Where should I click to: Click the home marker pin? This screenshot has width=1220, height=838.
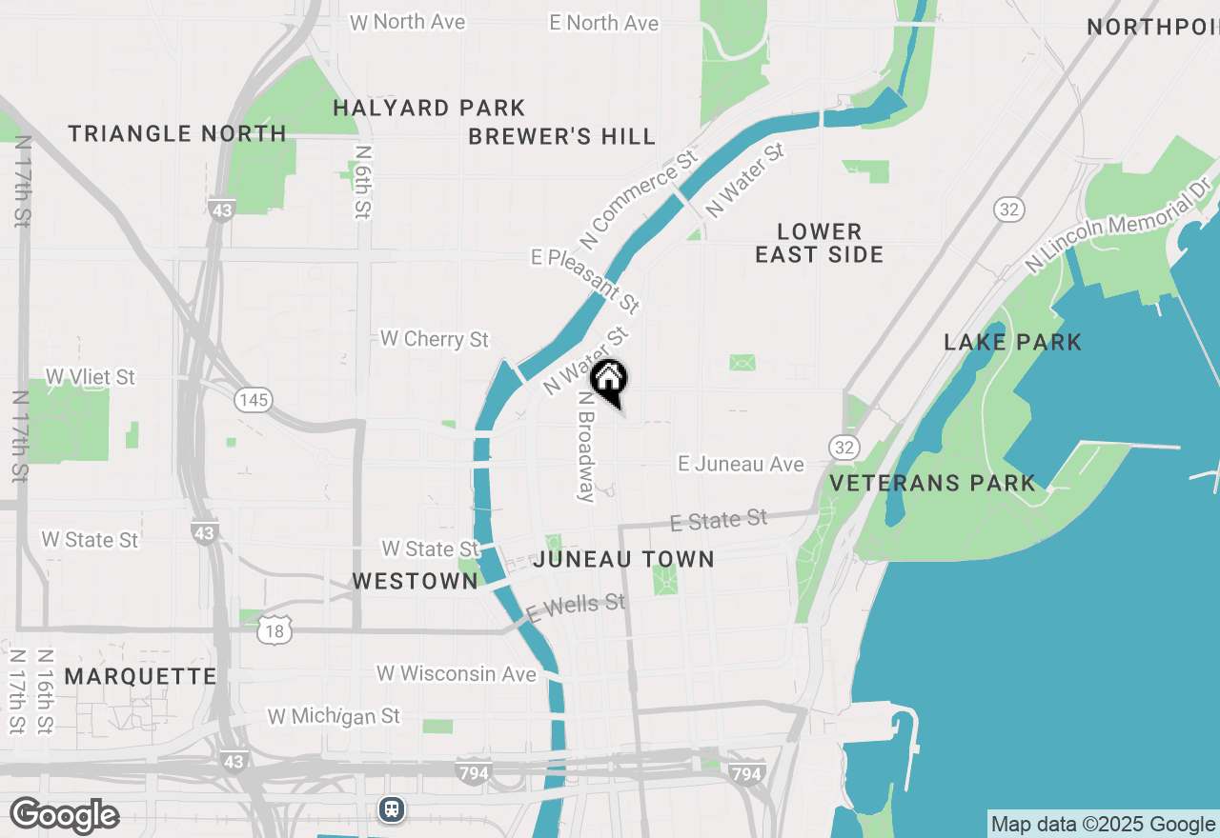coord(608,381)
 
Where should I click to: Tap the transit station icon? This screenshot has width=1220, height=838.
coord(392,809)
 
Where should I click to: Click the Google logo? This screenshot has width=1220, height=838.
coord(64,816)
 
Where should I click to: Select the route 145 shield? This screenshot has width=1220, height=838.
coord(254,400)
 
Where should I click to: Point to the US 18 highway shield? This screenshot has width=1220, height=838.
coord(275,629)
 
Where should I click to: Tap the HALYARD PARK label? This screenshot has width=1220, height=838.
coord(429,109)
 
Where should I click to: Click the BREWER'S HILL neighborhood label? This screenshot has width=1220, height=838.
coord(562,137)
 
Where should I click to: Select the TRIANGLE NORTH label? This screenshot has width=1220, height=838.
coord(177,133)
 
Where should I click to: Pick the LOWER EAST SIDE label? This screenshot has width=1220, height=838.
coord(820,243)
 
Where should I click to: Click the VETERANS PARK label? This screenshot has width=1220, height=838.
coord(932,483)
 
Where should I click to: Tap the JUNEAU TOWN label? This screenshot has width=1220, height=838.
coord(624,559)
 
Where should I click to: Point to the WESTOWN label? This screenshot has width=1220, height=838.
coord(415,581)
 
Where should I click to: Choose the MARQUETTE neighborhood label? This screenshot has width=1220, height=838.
coord(141,676)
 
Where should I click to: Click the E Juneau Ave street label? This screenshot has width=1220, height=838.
coord(741,464)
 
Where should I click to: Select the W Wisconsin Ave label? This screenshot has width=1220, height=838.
coord(457,674)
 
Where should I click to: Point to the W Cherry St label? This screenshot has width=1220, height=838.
coord(434,339)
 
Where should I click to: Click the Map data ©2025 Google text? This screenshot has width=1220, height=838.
coord(1103,825)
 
